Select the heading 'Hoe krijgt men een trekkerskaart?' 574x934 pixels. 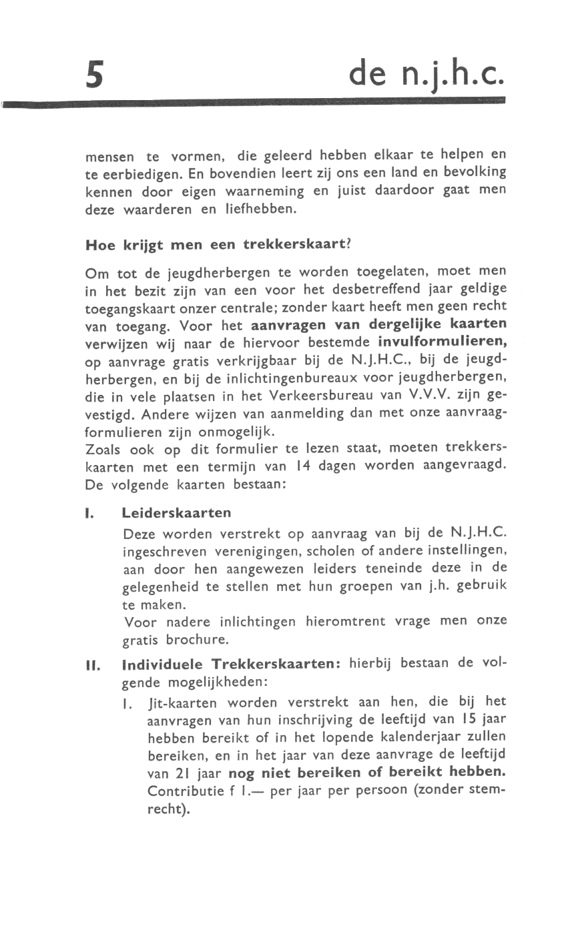[x=218, y=244]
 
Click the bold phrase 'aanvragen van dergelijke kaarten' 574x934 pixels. [x=378, y=325]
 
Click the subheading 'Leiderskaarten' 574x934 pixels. [x=177, y=512]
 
